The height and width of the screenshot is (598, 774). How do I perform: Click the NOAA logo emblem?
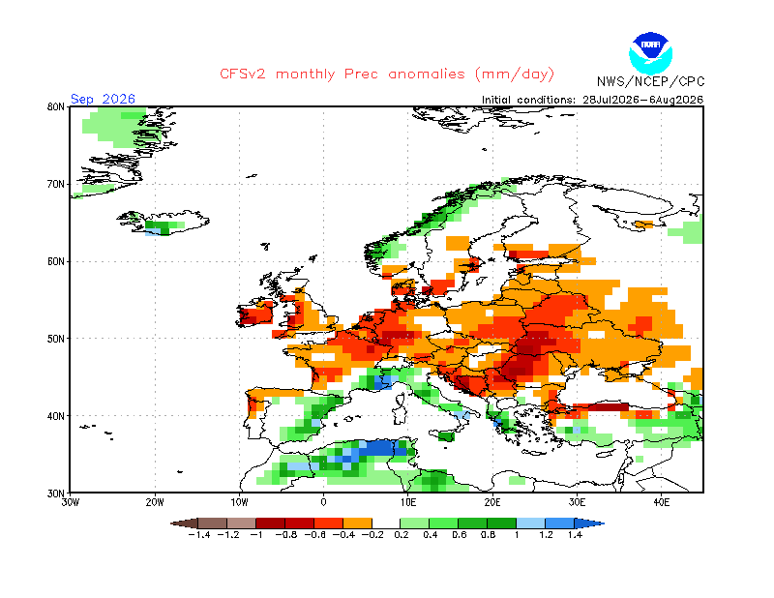[650, 53]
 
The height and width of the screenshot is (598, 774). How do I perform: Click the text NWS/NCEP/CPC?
[650, 81]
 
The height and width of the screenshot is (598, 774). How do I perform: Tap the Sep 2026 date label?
[103, 99]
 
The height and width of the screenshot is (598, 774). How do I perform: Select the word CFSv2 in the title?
[243, 75]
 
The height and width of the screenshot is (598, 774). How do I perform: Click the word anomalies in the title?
[427, 75]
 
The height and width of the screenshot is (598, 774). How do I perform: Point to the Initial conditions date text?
[592, 100]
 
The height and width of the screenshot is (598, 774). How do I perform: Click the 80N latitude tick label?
[56, 106]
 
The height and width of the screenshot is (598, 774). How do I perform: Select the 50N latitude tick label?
[56, 339]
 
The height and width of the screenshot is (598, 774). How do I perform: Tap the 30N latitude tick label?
[56, 493]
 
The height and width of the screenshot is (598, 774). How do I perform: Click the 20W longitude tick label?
[155, 502]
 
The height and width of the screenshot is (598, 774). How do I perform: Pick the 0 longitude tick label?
[323, 502]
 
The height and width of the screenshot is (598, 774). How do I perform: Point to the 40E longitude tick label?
[662, 502]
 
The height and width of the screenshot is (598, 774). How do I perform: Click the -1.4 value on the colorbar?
[199, 535]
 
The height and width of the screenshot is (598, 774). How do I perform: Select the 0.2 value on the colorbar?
[402, 535]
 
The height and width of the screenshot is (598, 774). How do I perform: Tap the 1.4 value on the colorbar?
[575, 535]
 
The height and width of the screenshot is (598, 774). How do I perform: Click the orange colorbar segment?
[357, 523]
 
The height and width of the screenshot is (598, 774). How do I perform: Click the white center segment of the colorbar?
[386, 523]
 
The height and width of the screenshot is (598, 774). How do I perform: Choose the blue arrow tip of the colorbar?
[589, 523]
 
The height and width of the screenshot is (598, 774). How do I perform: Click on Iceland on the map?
[164, 223]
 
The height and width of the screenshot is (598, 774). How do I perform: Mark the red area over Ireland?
[254, 314]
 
